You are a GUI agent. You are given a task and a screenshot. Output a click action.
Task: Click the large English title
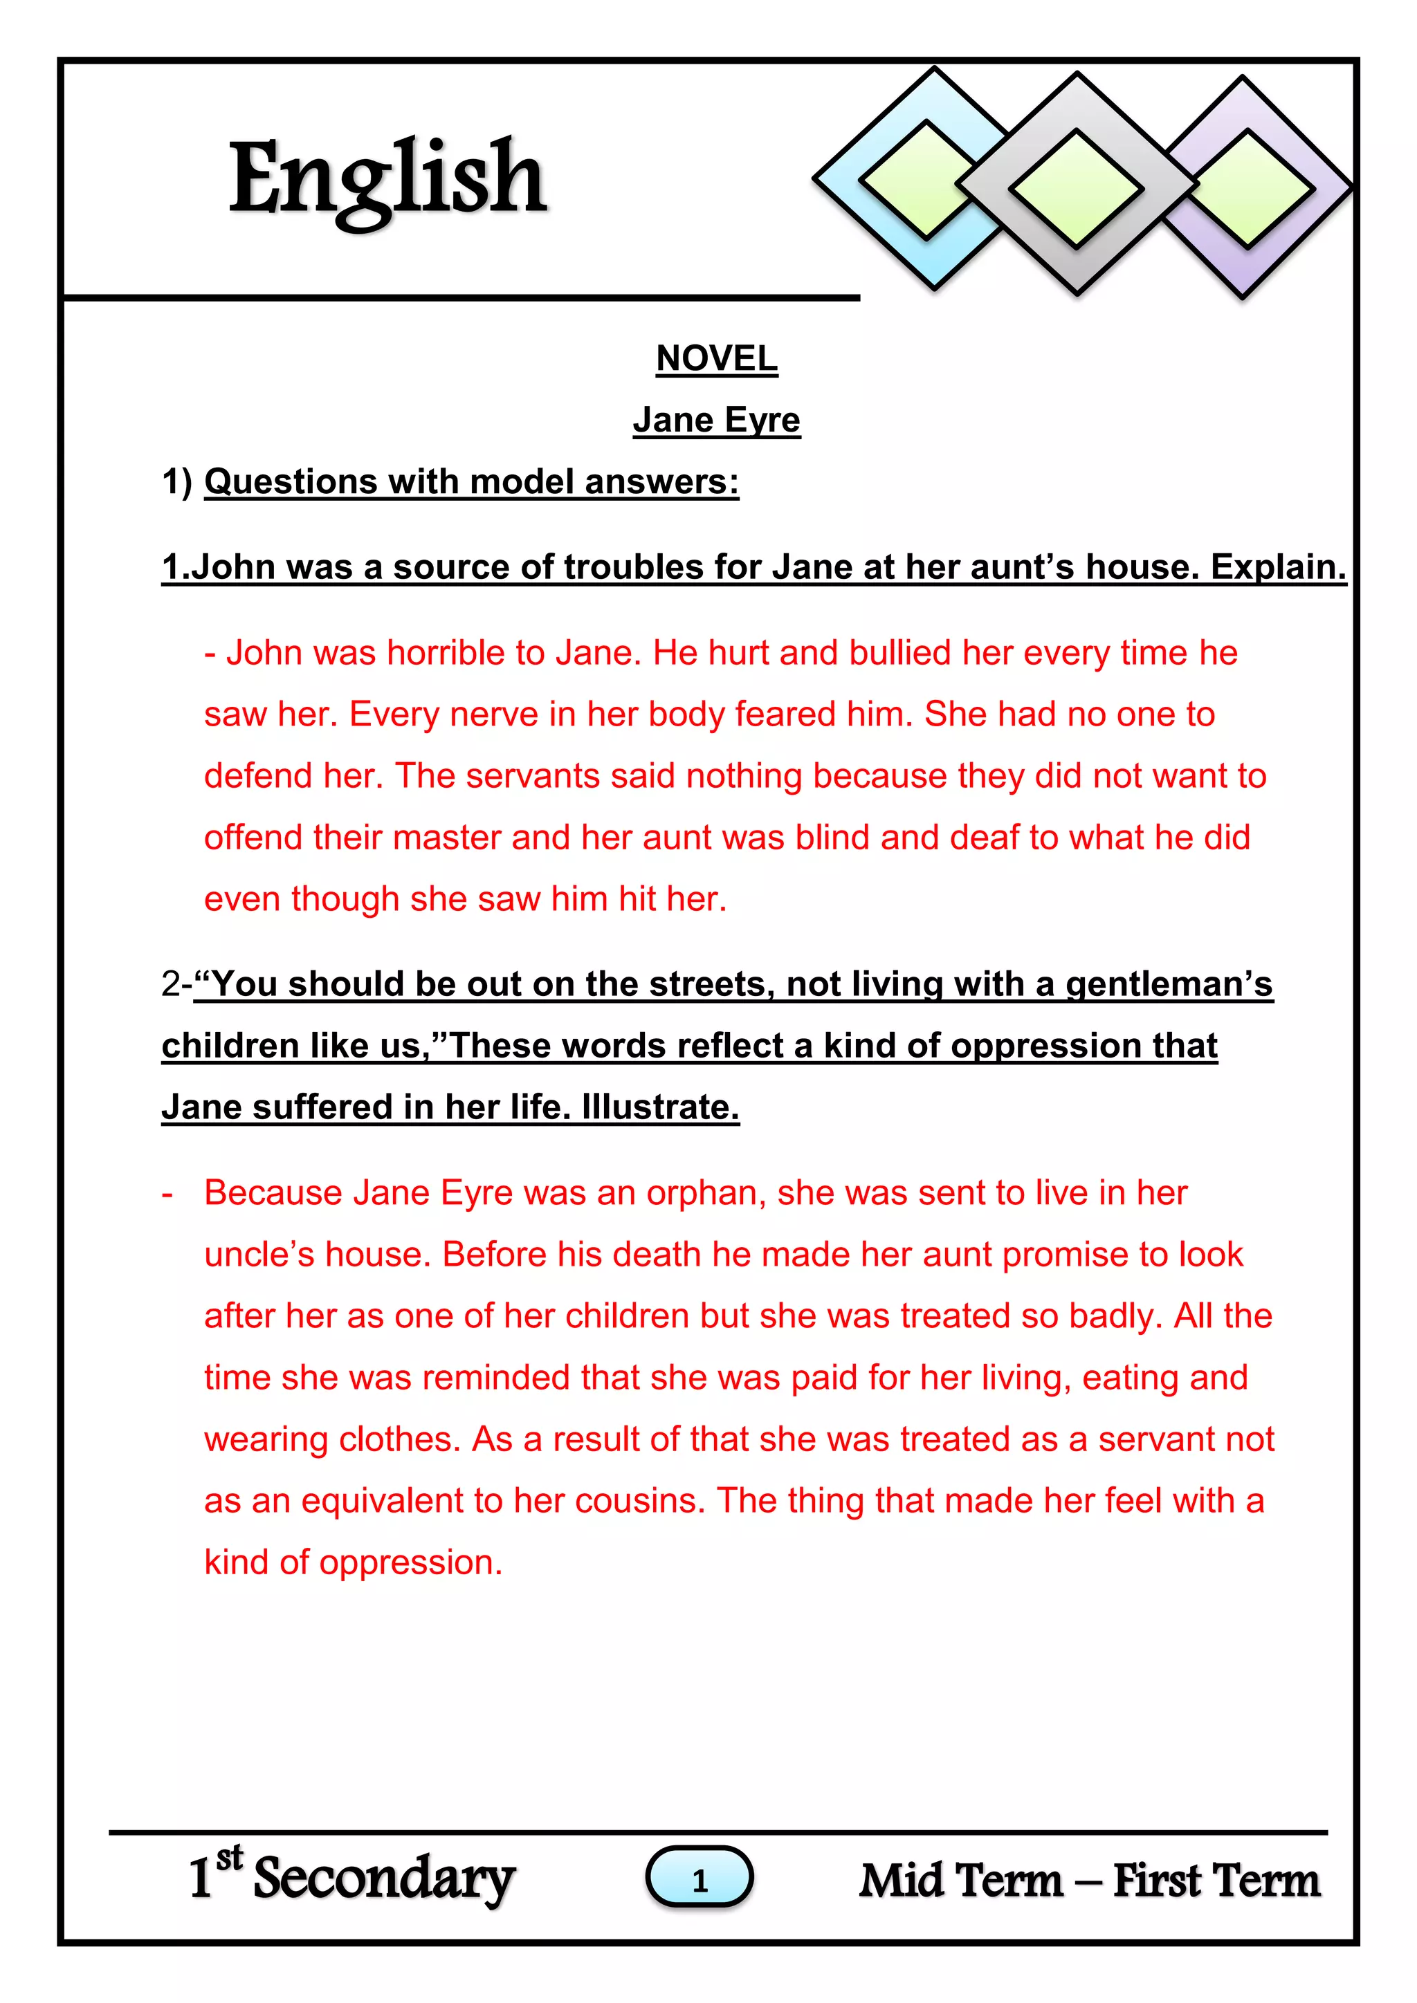pos(387,179)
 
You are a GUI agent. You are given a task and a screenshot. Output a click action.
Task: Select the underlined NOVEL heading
pos(716,358)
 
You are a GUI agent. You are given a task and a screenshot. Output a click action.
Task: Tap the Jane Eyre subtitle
pos(716,420)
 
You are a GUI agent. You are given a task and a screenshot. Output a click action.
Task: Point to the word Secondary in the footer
pos(384,1879)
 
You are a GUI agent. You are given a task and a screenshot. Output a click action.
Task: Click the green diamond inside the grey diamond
pos(1076,187)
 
